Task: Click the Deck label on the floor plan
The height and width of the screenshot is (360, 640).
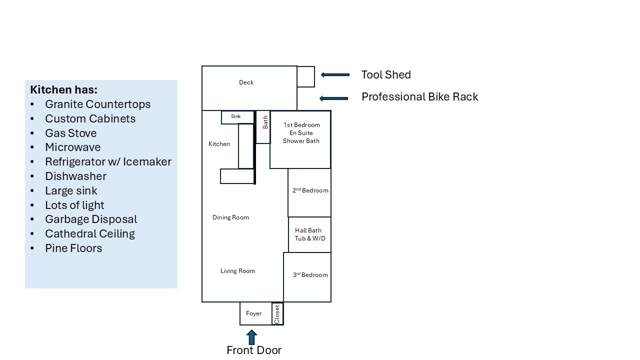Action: click(246, 82)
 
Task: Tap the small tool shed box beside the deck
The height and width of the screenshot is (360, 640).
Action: click(305, 76)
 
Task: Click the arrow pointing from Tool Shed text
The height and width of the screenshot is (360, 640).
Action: click(335, 75)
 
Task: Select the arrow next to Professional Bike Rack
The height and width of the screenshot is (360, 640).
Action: click(333, 98)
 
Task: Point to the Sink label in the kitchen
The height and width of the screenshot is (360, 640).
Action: click(236, 116)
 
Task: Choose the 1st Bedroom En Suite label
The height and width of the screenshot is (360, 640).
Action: click(301, 133)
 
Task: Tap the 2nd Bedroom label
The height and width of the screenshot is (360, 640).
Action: click(310, 190)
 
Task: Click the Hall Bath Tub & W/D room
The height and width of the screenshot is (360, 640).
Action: click(309, 234)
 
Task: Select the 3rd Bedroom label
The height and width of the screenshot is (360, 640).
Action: click(310, 275)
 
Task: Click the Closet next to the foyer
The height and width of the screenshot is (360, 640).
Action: click(277, 314)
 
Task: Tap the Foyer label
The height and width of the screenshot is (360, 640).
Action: click(253, 313)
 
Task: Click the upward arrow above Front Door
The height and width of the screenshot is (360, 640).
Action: click(252, 336)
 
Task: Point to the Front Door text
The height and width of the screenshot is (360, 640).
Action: click(254, 350)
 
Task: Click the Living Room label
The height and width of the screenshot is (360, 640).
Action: click(237, 271)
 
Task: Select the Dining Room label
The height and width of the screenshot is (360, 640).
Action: click(230, 217)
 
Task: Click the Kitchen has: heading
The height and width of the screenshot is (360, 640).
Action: click(63, 90)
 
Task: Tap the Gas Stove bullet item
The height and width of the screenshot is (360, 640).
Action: click(70, 133)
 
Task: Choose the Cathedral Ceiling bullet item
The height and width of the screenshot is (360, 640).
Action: click(90, 233)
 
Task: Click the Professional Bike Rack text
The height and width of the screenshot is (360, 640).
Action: click(419, 97)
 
